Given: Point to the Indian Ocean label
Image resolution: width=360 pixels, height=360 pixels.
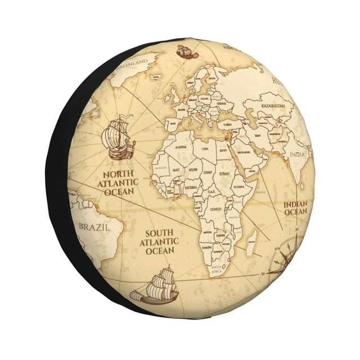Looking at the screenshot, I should pyautogui.click(x=295, y=208).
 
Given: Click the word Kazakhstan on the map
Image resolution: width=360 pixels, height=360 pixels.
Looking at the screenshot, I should pyautogui.click(x=276, y=105).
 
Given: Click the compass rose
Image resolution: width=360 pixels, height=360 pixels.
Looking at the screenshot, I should pyautogui.click(x=285, y=256).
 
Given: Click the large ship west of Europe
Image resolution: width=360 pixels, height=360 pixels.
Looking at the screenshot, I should pyautogui.click(x=119, y=138).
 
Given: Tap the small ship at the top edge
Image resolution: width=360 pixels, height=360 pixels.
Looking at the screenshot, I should pyautogui.click(x=187, y=52).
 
